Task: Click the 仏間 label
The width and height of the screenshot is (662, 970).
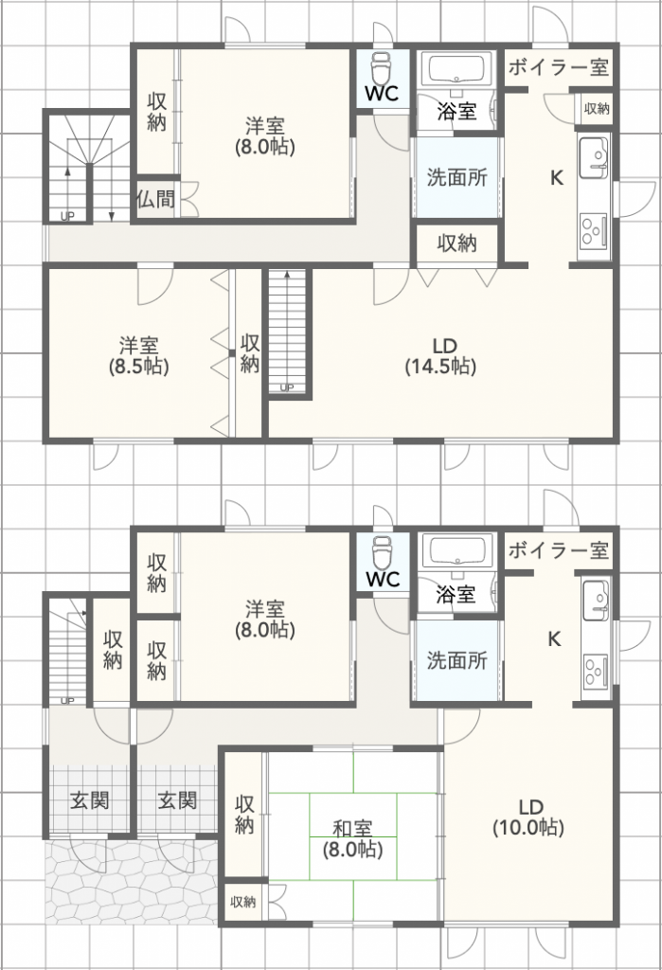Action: tap(155, 199)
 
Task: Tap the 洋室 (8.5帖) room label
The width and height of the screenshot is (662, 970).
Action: tap(138, 355)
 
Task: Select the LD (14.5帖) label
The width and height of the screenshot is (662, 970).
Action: tap(439, 355)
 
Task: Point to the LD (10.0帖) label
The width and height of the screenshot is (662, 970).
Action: tap(528, 817)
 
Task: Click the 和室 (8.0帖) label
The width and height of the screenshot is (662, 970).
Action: tap(352, 837)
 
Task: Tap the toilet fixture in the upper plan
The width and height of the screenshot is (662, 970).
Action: tap(383, 69)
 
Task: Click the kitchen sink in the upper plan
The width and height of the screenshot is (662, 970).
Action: tap(594, 154)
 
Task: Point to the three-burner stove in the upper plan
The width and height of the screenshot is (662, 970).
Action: tap(595, 231)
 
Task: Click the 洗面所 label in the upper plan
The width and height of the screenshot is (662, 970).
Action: tap(456, 177)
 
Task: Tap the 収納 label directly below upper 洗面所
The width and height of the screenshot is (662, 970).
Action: tap(456, 243)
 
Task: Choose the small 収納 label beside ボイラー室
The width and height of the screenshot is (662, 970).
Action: tap(597, 108)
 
